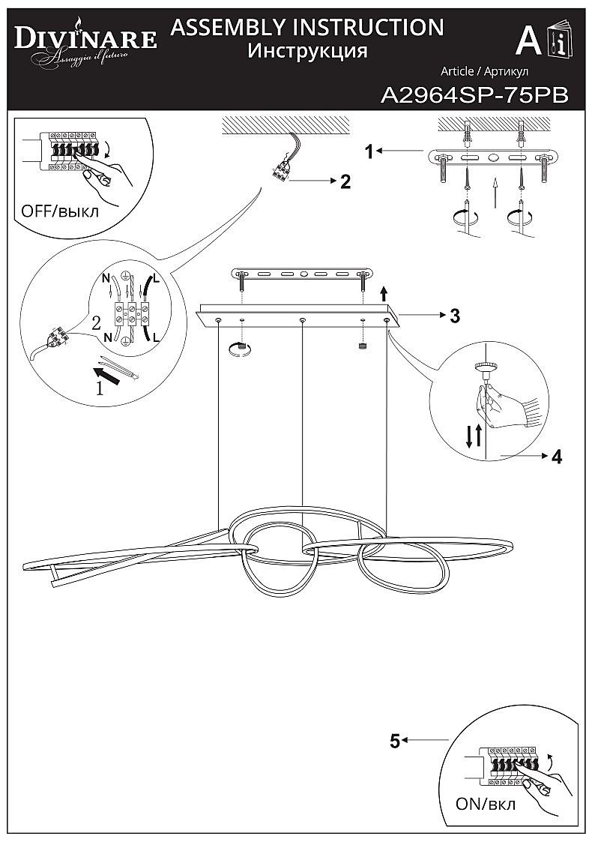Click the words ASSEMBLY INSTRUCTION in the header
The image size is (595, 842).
coord(307,28)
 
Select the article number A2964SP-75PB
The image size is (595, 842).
coord(474,95)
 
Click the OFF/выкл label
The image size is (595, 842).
coord(60,211)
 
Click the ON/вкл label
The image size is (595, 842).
coord(486,805)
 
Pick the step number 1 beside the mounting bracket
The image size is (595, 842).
coord(369,151)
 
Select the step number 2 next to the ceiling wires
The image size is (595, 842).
coord(345,181)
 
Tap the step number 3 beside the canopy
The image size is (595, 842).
coord(455,316)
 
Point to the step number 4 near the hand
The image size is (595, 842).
coord(556,456)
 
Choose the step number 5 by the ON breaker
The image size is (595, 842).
coord(394,742)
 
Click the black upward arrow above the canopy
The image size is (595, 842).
coord(384,292)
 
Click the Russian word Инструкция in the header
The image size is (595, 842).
coord(307,52)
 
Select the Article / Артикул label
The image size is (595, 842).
coord(485,71)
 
